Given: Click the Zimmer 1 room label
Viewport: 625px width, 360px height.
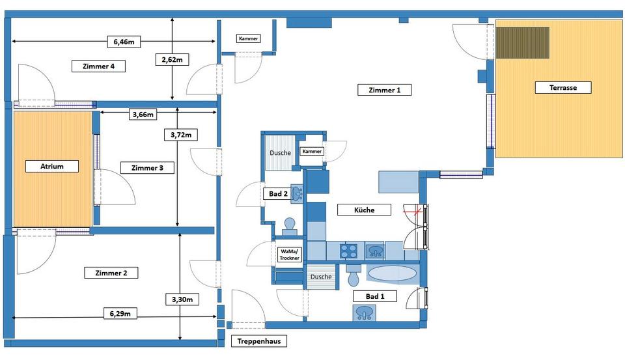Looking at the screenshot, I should (385, 90).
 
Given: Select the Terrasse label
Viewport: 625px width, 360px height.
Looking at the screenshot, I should (563, 87).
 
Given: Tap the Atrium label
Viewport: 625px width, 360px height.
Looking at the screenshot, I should (52, 166).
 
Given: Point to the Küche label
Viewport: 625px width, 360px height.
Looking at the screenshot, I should (365, 210).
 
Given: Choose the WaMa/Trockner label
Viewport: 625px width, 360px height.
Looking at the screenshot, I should (289, 255).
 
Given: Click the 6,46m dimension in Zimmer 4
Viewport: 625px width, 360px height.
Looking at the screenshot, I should (124, 42).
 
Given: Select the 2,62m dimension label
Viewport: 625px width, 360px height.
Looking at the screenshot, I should (172, 60).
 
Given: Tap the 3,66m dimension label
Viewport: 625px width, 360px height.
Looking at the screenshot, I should (143, 115).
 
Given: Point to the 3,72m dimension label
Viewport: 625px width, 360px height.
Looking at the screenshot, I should (180, 135).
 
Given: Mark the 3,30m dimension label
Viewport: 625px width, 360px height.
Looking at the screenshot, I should (182, 299).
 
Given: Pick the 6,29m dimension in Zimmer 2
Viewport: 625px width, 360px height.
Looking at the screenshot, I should (120, 314).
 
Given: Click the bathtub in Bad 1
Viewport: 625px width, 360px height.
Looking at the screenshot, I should (391, 273).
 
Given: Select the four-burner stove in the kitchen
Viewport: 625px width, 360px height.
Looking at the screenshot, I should (349, 250).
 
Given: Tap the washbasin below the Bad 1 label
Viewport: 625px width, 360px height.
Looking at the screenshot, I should (365, 313).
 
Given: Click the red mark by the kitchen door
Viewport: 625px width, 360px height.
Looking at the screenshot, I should (410, 210).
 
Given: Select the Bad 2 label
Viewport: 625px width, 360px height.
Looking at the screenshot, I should (279, 193).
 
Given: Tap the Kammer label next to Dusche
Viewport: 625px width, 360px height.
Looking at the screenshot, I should (312, 152).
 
